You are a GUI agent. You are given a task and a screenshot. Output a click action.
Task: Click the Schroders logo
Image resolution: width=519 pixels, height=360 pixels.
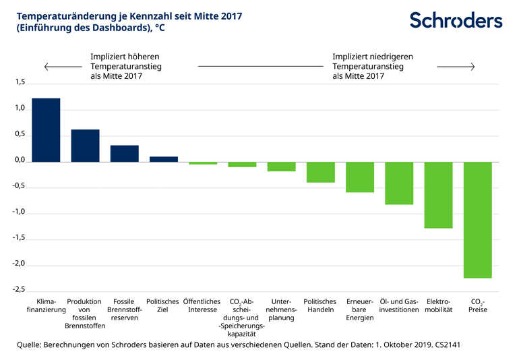click(456, 20)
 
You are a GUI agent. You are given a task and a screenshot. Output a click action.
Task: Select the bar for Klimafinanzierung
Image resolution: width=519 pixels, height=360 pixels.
click(46, 129)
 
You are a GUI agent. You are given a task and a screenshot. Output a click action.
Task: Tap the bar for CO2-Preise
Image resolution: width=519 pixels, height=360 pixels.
click(477, 219)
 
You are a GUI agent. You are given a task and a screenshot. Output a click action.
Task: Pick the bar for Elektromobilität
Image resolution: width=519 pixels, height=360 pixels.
click(438, 195)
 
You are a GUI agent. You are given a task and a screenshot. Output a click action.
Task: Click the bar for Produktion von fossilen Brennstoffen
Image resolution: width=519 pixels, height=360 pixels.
click(85, 145)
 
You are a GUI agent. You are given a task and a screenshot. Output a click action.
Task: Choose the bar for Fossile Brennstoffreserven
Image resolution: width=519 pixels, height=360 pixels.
click(124, 153)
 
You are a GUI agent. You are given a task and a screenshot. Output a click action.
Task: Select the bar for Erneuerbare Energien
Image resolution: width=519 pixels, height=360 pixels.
click(360, 177)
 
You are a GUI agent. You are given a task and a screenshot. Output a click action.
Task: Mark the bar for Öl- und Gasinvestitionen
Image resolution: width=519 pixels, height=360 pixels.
click(399, 183)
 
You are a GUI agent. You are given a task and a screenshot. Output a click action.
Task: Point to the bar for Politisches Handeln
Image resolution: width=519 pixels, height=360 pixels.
click(321, 172)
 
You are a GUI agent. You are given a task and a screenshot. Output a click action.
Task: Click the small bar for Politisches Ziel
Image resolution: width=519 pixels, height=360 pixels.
click(163, 158)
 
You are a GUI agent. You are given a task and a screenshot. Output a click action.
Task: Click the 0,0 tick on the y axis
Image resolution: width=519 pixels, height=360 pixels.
click(19, 161)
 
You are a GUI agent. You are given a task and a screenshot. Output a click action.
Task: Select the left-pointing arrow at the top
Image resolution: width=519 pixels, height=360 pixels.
click(61, 67)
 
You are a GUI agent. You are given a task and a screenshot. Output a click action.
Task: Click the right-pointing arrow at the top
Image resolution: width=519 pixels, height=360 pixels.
click(456, 67)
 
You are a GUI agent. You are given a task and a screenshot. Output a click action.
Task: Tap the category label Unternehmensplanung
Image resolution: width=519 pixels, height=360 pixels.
click(281, 309)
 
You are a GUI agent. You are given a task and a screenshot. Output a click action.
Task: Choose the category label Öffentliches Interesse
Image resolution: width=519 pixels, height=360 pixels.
click(202, 305)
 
